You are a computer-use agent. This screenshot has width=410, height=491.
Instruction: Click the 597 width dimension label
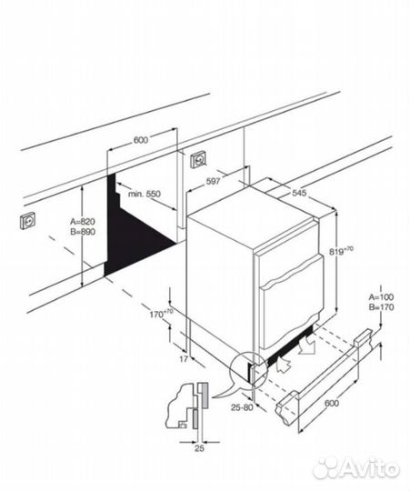click(x=213, y=181)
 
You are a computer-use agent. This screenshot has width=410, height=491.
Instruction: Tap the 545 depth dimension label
click(x=299, y=193)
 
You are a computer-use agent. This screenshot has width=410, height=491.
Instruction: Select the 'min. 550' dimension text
click(x=145, y=194)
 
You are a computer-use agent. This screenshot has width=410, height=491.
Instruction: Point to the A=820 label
click(x=83, y=222)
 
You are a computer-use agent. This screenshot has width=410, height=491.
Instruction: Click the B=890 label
click(x=83, y=232)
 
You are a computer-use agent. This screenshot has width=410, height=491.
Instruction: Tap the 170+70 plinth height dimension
click(x=161, y=313)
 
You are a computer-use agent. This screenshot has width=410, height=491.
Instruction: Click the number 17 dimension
click(x=184, y=359)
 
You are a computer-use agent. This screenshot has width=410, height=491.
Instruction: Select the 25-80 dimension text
click(x=242, y=407)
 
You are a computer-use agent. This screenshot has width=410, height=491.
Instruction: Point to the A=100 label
click(x=381, y=296)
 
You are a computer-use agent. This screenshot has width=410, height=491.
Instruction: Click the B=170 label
click(x=381, y=307)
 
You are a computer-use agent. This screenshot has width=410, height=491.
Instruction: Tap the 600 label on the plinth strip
click(x=332, y=403)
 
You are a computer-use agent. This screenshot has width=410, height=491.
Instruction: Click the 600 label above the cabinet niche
click(x=141, y=140)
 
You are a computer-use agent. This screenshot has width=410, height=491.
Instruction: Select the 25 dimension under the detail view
click(x=199, y=448)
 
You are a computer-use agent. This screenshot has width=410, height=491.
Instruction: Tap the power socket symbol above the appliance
click(x=199, y=160)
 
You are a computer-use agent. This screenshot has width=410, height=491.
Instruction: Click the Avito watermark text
click(x=356, y=469)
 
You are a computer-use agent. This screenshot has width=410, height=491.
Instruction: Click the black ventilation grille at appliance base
click(x=288, y=346)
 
